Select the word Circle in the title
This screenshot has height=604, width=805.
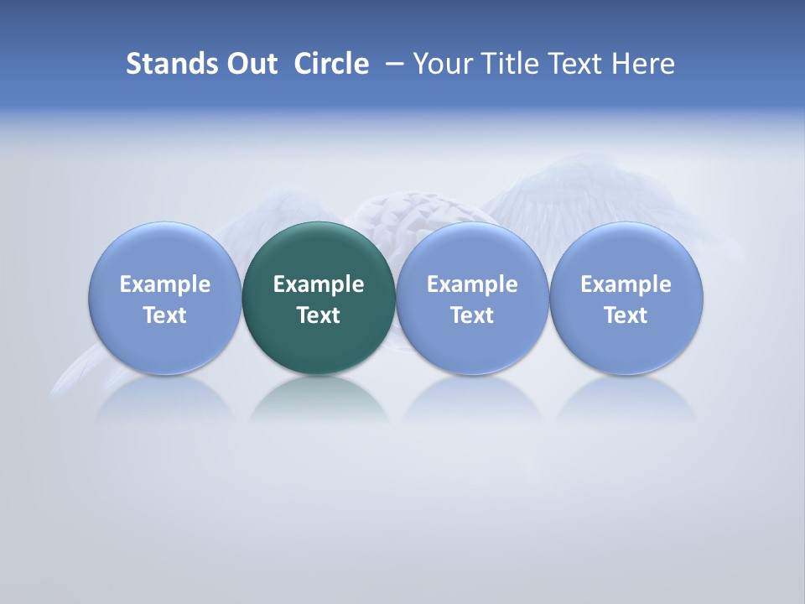[x=331, y=64]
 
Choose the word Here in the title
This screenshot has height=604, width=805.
[x=644, y=64]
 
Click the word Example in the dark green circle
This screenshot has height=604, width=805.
[x=319, y=284]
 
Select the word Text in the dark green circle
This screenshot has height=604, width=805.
[x=319, y=315]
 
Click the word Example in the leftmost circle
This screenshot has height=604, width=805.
[x=165, y=284]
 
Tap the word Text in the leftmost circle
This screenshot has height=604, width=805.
[x=165, y=315]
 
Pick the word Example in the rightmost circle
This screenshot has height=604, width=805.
[x=626, y=284]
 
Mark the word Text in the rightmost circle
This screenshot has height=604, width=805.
[x=626, y=315]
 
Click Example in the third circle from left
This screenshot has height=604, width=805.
[x=472, y=284]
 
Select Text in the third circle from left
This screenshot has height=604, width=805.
[x=472, y=315]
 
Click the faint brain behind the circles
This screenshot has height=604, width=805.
[x=411, y=214]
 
